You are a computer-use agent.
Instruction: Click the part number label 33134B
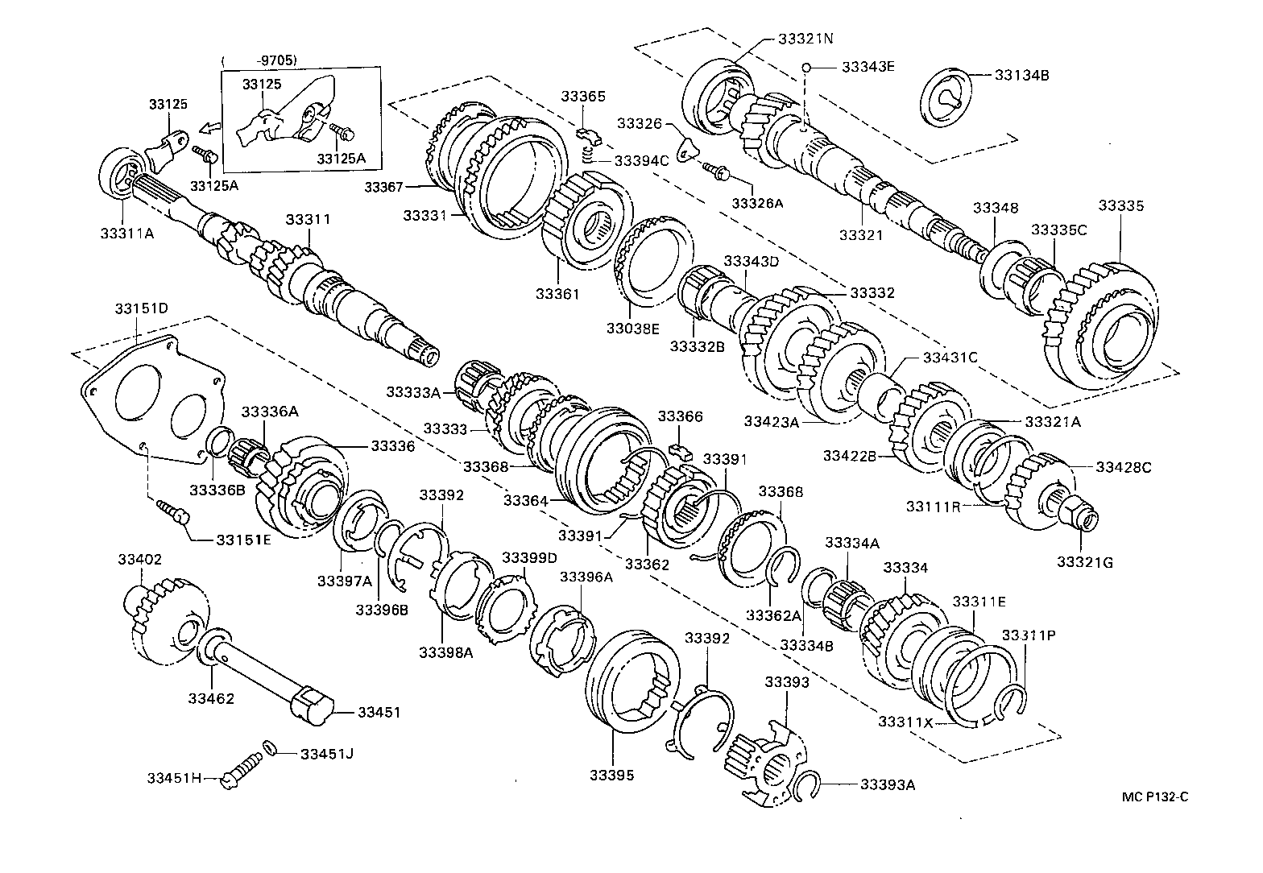tap(1021, 75)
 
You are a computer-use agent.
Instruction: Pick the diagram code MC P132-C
tap(1156, 797)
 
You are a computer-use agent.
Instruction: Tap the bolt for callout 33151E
tap(172, 510)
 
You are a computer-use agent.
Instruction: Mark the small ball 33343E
tap(806, 68)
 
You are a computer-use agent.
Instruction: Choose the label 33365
tap(583, 96)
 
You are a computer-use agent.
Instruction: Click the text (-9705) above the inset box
tap(259, 60)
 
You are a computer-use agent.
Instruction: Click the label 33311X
tap(905, 722)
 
